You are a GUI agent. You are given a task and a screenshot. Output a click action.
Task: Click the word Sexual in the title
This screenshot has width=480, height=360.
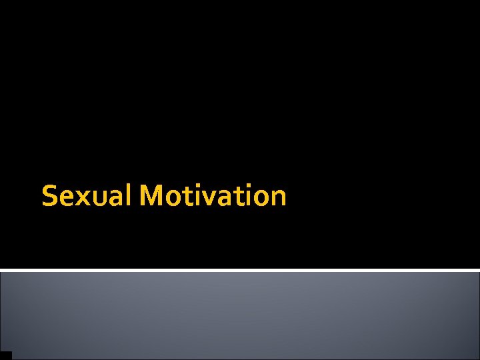click(x=88, y=196)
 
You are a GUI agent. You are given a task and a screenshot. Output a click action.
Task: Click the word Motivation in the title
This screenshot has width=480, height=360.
click(x=213, y=196)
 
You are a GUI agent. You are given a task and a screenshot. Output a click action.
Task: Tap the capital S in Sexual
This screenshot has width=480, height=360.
click(x=49, y=197)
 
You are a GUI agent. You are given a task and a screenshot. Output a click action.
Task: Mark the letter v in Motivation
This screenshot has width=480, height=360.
click(x=209, y=198)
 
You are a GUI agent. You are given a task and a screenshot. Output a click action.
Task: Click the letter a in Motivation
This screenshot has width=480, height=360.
click(x=224, y=198)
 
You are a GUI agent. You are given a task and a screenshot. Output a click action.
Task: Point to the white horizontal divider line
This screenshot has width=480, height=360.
click(x=240, y=270)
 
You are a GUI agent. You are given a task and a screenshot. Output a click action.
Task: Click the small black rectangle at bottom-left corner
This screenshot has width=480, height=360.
click(x=6, y=355)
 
